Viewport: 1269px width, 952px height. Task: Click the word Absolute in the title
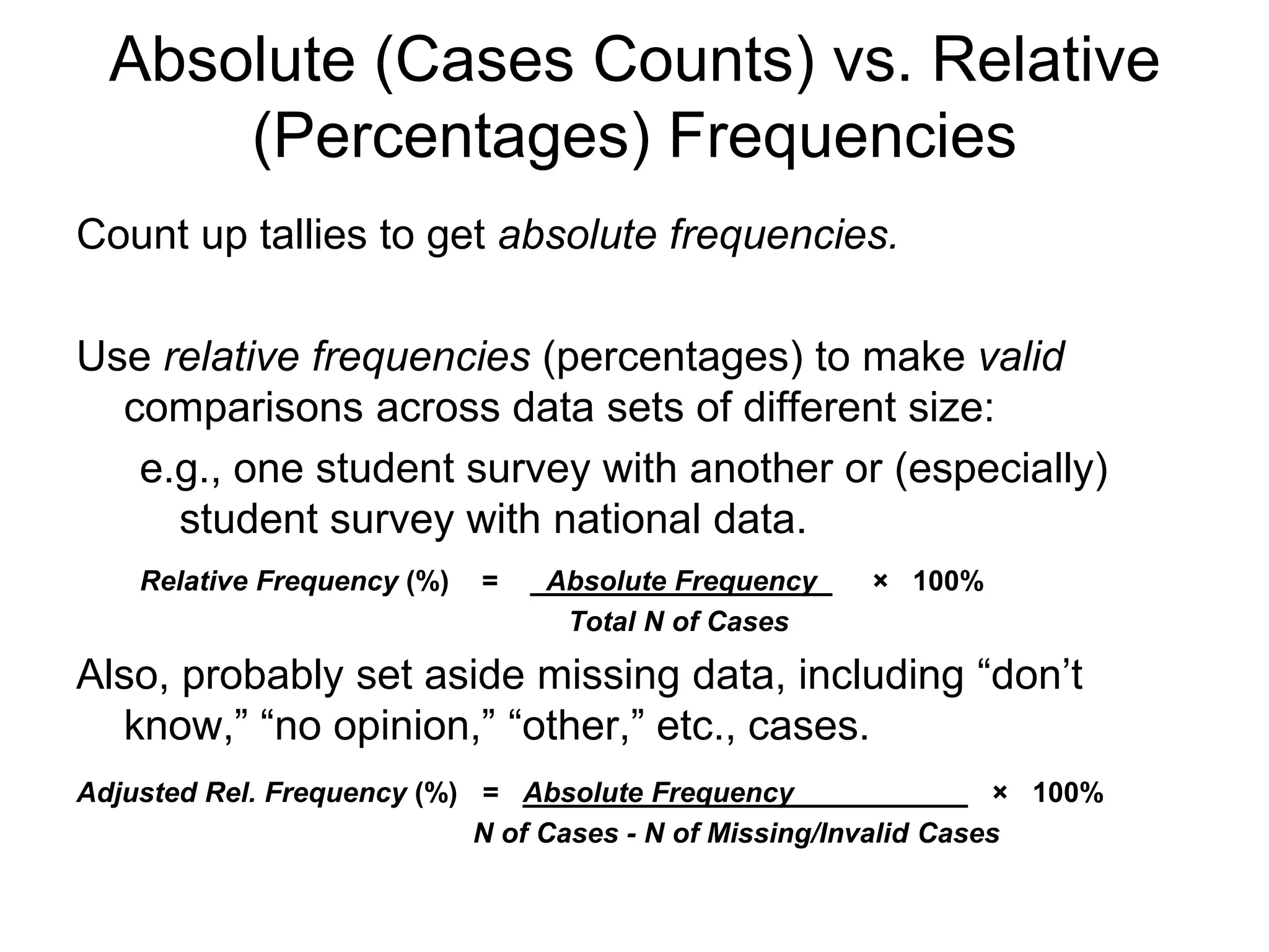click(231, 61)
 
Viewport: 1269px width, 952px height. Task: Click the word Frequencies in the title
click(842, 137)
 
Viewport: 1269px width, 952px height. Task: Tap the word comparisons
click(243, 408)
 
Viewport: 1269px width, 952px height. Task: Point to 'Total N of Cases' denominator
click(679, 622)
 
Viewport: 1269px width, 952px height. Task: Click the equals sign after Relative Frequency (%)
click(490, 581)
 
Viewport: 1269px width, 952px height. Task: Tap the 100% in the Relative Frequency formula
click(948, 581)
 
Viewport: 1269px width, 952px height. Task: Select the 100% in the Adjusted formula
click(1068, 793)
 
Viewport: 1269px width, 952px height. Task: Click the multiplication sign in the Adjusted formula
click(999, 793)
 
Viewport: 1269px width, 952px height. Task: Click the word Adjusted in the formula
click(137, 793)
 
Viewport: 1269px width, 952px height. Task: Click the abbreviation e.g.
click(180, 469)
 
